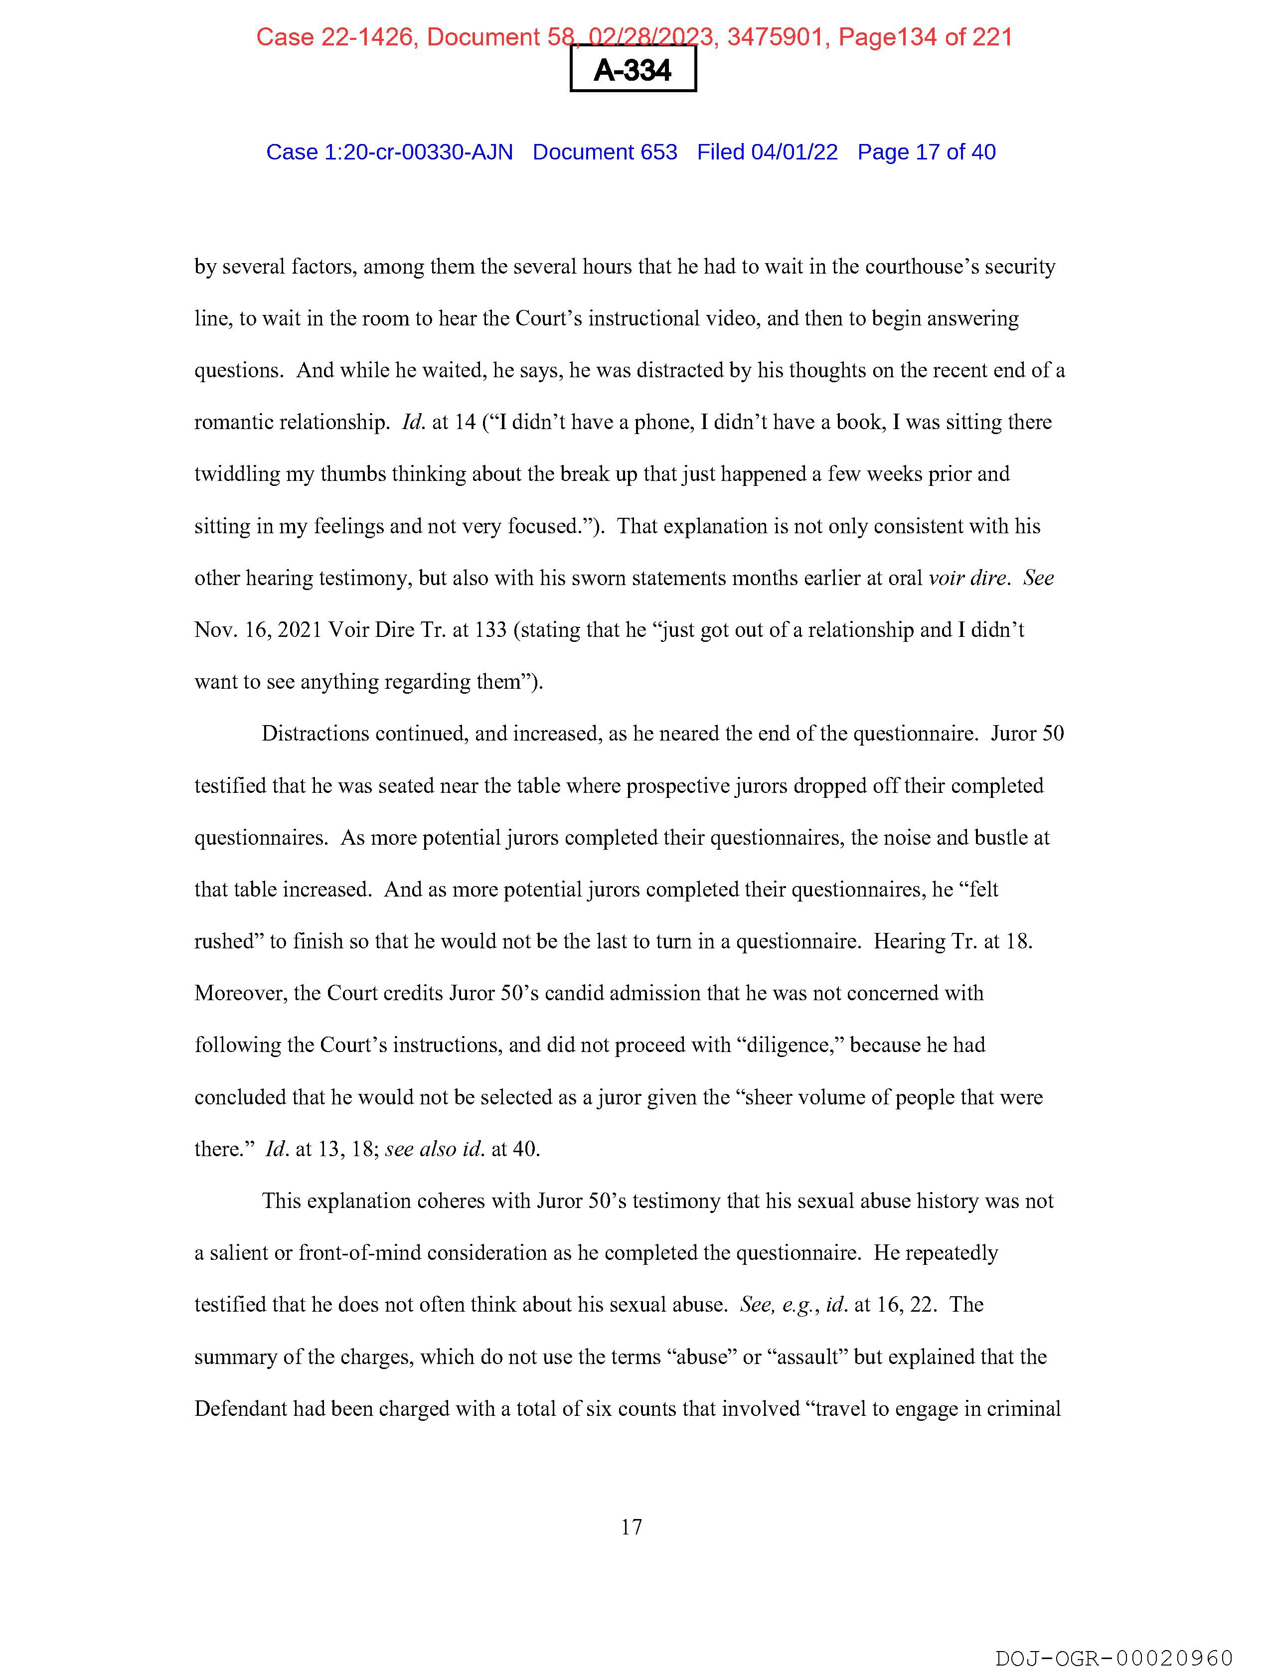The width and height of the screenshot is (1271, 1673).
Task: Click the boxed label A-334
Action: pyautogui.click(x=633, y=70)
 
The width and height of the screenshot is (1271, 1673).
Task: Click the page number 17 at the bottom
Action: pyautogui.click(x=632, y=1527)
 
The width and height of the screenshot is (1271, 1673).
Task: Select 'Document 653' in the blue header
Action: pyautogui.click(x=605, y=152)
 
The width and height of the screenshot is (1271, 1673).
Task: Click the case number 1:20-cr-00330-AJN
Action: pyautogui.click(x=418, y=152)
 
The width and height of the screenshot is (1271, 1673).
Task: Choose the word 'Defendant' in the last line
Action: pyautogui.click(x=241, y=1409)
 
